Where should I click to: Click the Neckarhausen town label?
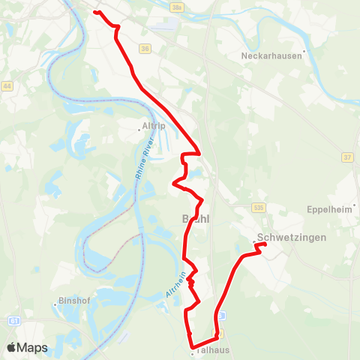[271, 55]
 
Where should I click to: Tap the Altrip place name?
[153, 126]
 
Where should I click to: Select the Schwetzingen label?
[291, 237]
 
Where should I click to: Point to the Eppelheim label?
[329, 209]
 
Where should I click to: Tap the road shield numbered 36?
[145, 49]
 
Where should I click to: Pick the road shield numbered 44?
[7, 86]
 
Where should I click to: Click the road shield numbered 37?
[346, 157]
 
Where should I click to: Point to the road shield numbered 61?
[14, 321]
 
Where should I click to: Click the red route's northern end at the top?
[95, 11]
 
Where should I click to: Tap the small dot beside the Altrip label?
[139, 129]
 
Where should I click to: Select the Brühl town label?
[196, 219]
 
